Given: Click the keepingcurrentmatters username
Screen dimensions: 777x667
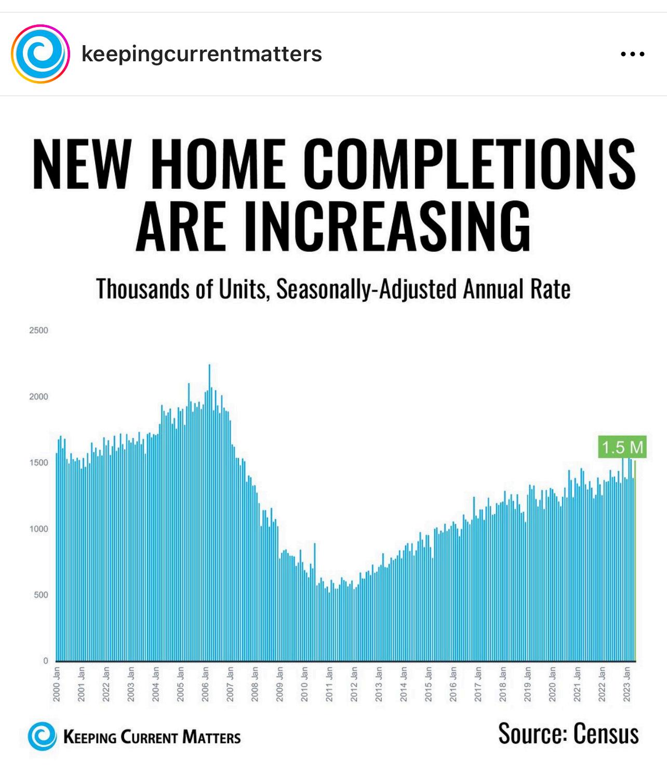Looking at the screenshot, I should (x=202, y=53).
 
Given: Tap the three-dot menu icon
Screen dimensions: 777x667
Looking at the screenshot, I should (x=633, y=53).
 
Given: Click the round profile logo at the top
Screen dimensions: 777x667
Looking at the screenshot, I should (x=41, y=53).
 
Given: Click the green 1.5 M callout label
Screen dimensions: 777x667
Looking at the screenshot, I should (x=622, y=447).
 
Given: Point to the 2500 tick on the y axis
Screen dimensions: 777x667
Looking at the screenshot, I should (x=38, y=330).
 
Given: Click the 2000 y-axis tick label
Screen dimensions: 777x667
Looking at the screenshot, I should (x=38, y=397).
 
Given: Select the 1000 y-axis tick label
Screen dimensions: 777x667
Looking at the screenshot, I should (x=38, y=529).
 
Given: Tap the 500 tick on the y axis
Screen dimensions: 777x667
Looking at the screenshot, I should (x=41, y=595).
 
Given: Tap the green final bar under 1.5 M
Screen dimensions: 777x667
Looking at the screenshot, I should (x=634, y=561).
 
